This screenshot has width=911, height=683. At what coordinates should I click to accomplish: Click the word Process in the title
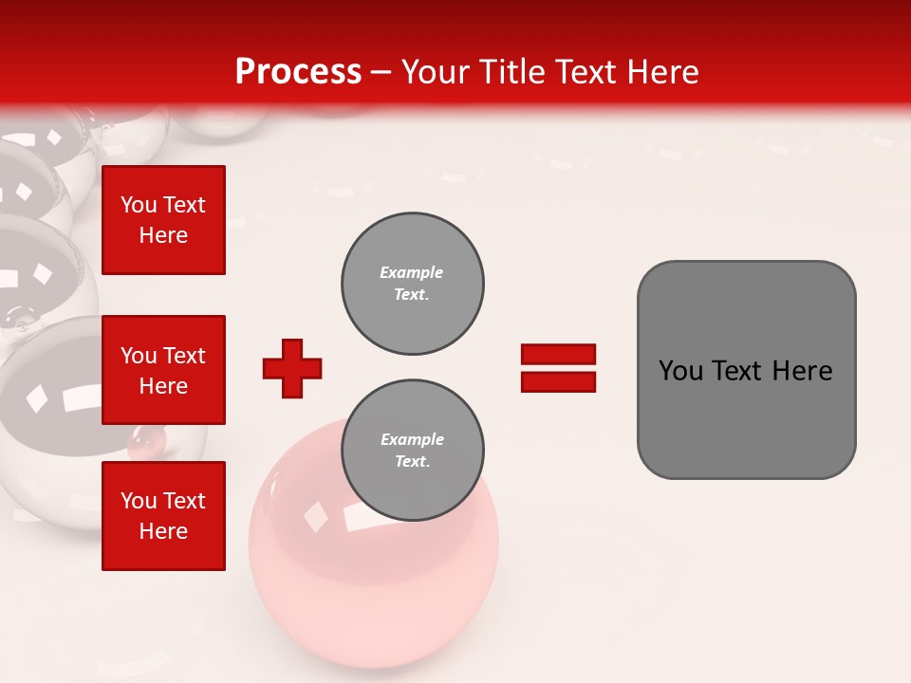click(x=298, y=72)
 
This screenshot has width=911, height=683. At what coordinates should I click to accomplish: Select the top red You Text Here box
click(x=163, y=220)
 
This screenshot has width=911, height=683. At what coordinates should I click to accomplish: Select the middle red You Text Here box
click(x=163, y=370)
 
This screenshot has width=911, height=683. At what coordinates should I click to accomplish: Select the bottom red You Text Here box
click(x=163, y=515)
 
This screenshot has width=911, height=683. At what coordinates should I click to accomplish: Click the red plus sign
click(x=292, y=368)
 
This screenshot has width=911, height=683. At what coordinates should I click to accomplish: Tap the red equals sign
click(x=558, y=368)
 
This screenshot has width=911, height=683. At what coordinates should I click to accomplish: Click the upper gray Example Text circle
click(x=413, y=284)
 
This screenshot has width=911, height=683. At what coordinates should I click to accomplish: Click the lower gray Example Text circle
click(x=413, y=451)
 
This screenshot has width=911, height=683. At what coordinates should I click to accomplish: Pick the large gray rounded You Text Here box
click(x=746, y=370)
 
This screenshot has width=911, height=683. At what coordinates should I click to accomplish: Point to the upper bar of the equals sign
click(x=558, y=355)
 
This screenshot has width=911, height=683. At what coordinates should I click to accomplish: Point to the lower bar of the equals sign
click(x=558, y=381)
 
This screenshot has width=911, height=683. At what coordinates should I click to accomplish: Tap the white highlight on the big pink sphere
click(x=361, y=517)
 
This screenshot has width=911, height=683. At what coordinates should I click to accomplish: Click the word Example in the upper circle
click(x=412, y=272)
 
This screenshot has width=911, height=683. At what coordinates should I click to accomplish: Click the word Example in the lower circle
click(x=412, y=439)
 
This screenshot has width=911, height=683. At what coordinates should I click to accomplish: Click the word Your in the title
click(x=437, y=72)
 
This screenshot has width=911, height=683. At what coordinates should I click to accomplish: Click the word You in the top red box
click(x=139, y=205)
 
